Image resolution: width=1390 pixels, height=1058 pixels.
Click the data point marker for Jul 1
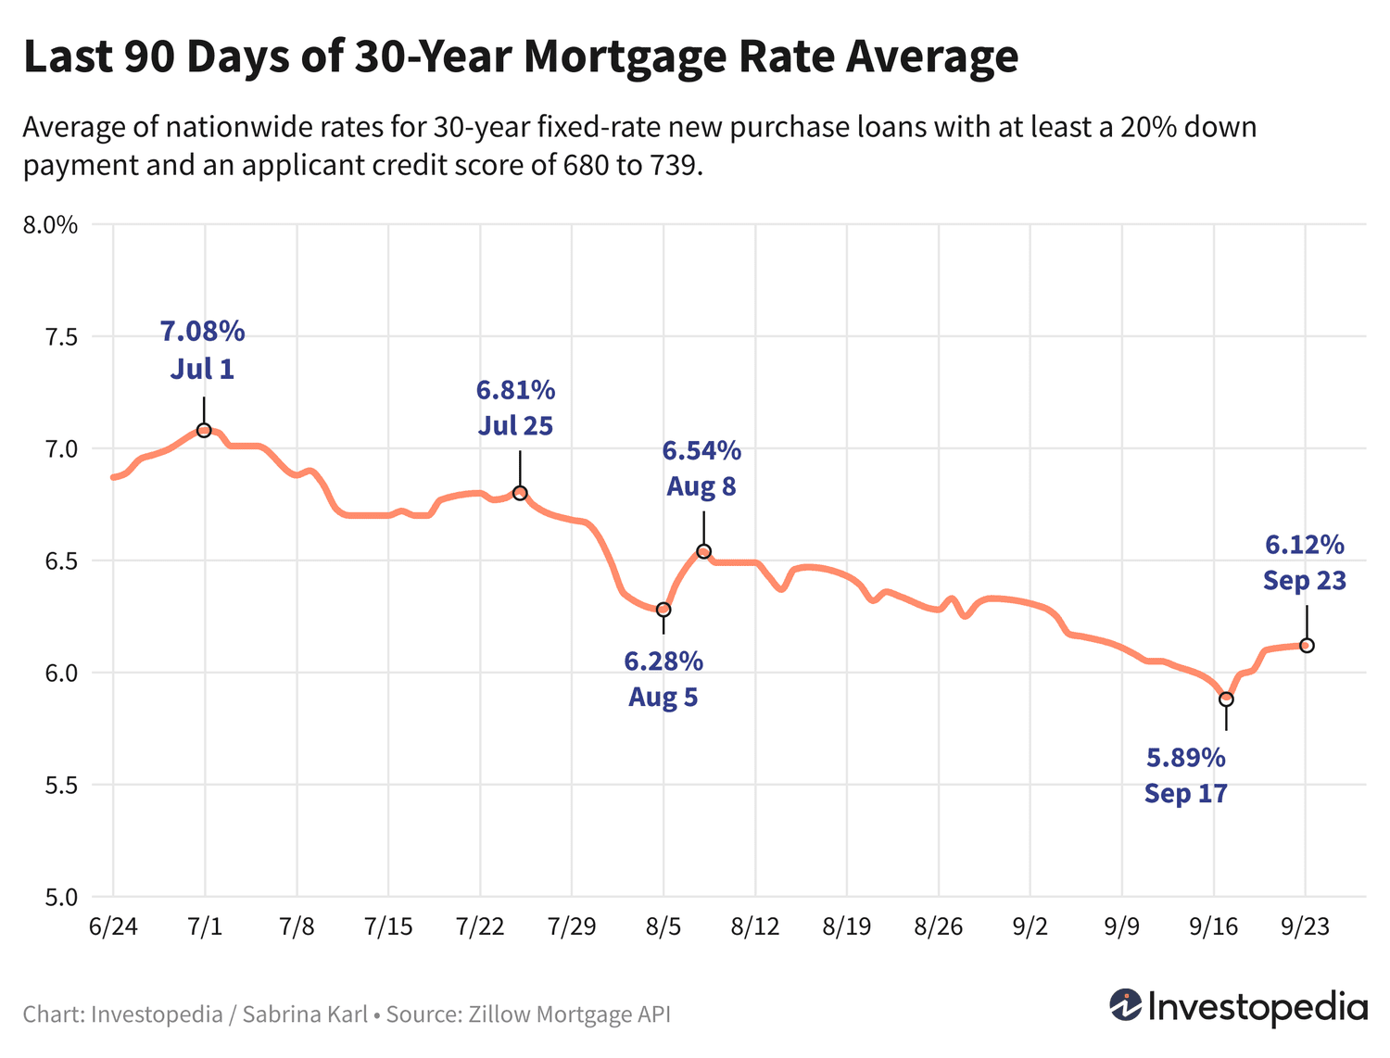tap(204, 430)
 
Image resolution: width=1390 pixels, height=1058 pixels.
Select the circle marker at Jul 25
tap(520, 493)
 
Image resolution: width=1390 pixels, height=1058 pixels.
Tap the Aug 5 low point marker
tap(663, 610)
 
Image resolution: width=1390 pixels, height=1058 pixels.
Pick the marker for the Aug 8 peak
tap(703, 551)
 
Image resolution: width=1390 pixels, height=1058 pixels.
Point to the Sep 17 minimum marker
tap(1226, 699)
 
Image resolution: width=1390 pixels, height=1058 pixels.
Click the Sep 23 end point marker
tap(1307, 645)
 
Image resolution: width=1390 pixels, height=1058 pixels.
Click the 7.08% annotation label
tap(202, 331)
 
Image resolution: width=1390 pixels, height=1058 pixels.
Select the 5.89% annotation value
tap(1185, 758)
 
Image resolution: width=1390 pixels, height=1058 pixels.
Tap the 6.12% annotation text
tap(1304, 545)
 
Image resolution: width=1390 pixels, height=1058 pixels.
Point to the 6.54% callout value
tap(701, 451)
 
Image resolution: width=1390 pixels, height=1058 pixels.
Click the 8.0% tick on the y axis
tap(53, 225)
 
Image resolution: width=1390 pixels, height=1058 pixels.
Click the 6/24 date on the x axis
tap(112, 927)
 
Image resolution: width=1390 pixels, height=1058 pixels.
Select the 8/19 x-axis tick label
tap(846, 927)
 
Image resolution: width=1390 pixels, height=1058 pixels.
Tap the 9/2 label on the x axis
tap(1030, 927)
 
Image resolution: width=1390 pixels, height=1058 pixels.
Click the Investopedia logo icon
tap(1126, 1005)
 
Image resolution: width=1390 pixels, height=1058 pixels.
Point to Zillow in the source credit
tap(499, 1014)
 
